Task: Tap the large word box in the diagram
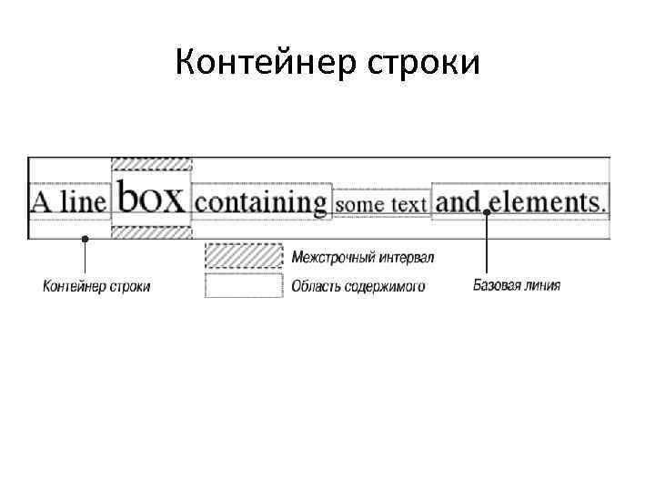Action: click(151, 197)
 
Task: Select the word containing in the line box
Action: click(262, 200)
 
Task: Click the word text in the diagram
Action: click(408, 204)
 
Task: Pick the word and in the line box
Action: click(458, 200)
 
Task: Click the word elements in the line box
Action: click(547, 200)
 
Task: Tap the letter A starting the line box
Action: click(42, 200)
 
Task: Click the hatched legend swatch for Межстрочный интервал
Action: click(243, 256)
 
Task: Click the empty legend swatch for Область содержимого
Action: click(243, 286)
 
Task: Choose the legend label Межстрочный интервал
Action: click(362, 257)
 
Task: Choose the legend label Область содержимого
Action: click(358, 287)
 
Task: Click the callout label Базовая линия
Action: click(517, 285)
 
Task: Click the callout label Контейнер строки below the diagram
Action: click(96, 286)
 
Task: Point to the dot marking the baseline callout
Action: click(488, 212)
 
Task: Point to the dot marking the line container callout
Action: click(85, 239)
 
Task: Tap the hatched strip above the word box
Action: click(151, 163)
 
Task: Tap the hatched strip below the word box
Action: click(151, 232)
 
